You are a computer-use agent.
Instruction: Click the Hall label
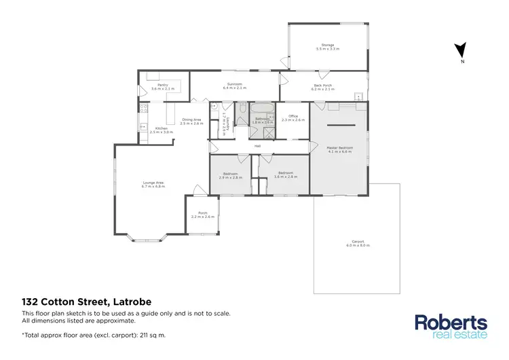[x=258, y=145]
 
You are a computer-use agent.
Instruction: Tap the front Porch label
[x=202, y=214]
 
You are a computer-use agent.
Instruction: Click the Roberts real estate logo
[x=451, y=325]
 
